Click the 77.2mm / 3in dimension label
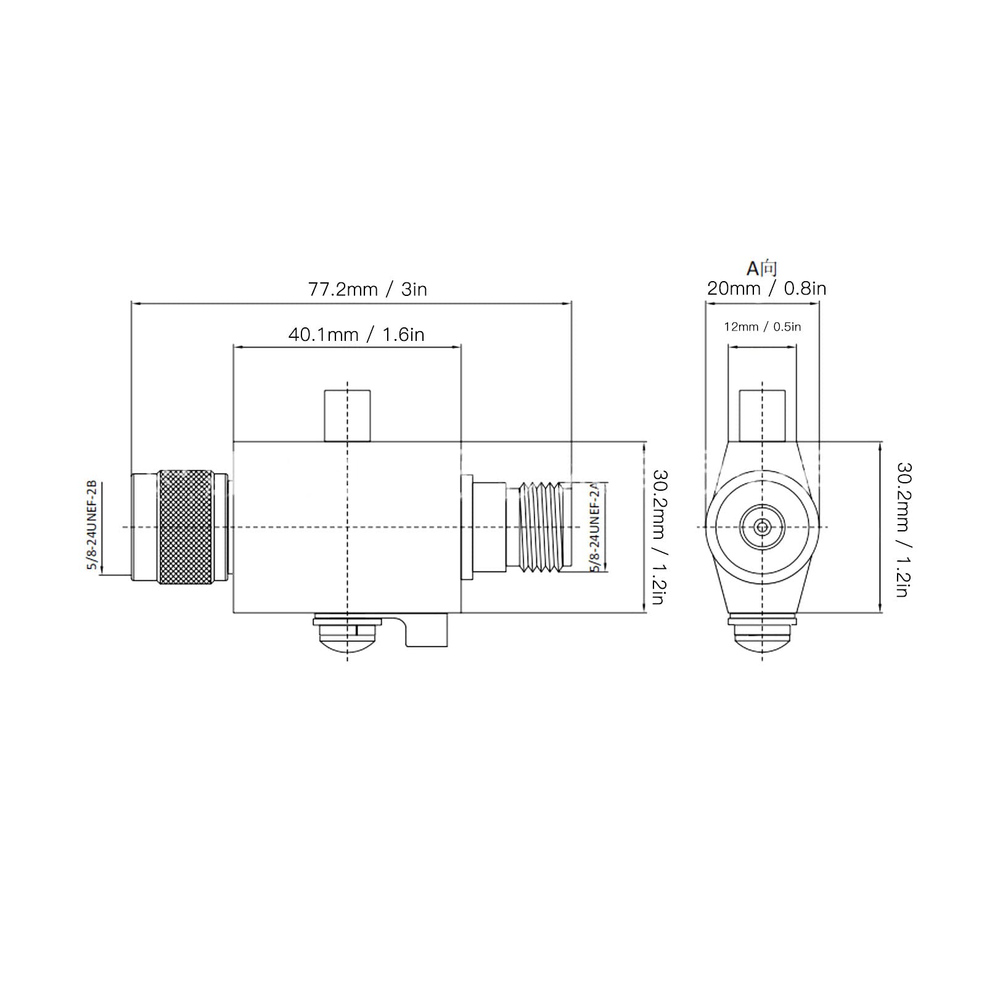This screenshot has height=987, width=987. [x=367, y=289]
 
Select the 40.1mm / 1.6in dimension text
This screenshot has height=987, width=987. [x=356, y=335]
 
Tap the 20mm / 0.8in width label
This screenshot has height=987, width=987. [x=766, y=289]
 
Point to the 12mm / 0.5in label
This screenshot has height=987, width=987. [x=763, y=327]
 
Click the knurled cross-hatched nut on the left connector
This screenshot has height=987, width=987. [x=185, y=527]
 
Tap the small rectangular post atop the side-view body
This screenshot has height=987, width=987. [x=348, y=416]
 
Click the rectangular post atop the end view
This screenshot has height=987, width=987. [x=763, y=416]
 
